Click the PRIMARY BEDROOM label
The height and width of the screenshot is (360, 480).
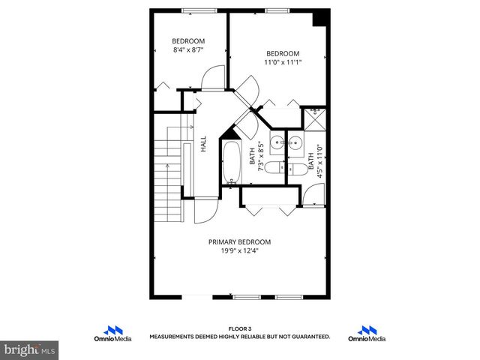tap(239, 241)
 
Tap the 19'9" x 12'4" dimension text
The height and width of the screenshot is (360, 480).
tap(239, 251)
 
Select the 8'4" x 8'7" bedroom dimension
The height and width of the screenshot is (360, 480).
tap(187, 50)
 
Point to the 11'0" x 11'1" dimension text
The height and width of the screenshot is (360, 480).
tap(283, 62)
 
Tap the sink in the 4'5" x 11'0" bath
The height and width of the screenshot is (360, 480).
tap(295, 142)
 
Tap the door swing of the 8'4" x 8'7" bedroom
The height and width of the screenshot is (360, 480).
tap(213, 77)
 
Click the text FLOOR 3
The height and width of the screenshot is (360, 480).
tap(239, 329)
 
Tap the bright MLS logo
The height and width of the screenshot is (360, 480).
tap(30, 349)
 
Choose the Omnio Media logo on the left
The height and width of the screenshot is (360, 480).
tap(112, 334)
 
